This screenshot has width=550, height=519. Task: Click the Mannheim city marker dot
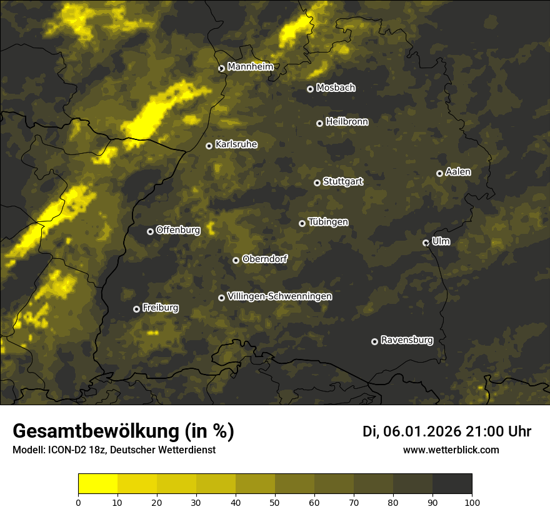coord(221,69)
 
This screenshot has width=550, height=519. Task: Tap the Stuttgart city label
coord(342,182)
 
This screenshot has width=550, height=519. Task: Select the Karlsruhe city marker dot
coord(209,146)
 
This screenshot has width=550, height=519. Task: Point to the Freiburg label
coord(160,308)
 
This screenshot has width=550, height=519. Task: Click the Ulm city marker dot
coord(426,243)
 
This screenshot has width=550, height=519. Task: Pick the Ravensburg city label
coord(406,341)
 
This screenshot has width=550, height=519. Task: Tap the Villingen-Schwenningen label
coord(279,296)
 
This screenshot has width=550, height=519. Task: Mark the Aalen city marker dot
coord(439,174)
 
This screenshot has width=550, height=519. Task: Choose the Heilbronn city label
coord(347,122)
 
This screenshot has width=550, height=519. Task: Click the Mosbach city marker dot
coord(310,89)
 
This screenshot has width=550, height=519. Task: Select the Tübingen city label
coord(328,223)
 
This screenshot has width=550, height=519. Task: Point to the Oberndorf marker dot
coord(236,261)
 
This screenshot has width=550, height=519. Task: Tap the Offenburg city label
coord(178,230)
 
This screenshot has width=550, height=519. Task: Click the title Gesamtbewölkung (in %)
coord(123,431)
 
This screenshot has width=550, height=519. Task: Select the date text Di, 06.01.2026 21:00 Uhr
coord(446,431)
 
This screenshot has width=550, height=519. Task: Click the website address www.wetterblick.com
coord(451,450)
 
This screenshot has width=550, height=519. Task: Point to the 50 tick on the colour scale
coord(275,501)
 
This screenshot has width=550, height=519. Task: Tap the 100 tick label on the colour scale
coord(472,501)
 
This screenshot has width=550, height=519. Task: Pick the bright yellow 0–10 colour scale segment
coord(98,484)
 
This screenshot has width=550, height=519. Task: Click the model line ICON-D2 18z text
coord(114,450)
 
